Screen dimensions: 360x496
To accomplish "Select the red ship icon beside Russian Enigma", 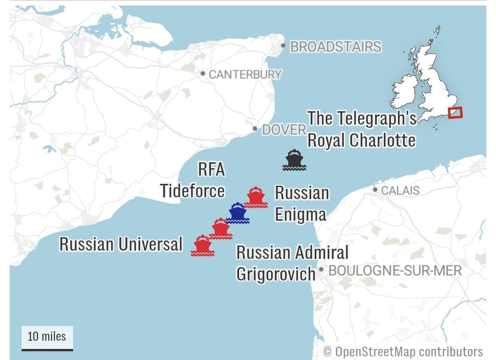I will pos(256,198).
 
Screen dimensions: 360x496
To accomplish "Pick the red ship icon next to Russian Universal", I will pos(202,246).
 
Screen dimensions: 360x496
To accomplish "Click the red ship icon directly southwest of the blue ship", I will pos(221,229).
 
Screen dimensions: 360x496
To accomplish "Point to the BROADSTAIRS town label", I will pos(336,47).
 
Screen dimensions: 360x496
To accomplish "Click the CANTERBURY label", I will pos(245,74).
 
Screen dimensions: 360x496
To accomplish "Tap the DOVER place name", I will pos(284,130).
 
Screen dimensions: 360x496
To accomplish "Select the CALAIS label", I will pos(400,190).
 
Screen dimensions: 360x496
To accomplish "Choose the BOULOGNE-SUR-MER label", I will pos(395,270).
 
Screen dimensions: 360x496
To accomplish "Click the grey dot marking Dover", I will pos(255,129).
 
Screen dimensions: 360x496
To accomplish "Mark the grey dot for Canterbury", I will pos(203,74).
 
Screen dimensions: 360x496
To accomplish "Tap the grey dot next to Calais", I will pos(375,189).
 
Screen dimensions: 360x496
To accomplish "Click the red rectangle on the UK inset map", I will pos(456,113).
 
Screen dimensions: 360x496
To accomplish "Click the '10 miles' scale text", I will pos(47,336).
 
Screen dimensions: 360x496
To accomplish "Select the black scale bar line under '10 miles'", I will pos(47,349).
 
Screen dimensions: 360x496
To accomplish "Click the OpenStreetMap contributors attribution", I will pos(403,352).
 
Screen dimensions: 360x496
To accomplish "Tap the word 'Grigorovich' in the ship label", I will pos(276,274).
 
